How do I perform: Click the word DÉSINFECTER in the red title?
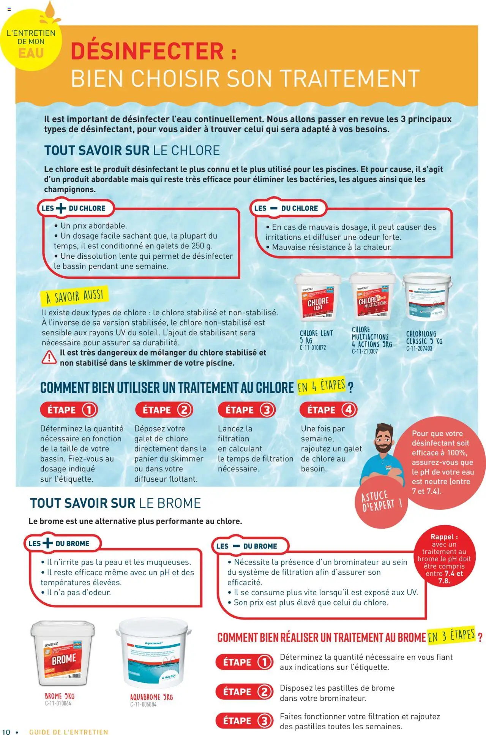tap(147, 52)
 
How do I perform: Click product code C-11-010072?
tap(313, 348)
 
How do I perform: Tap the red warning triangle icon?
tap(49, 357)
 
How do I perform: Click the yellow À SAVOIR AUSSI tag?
tap(75, 296)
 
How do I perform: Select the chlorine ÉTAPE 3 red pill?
tap(246, 410)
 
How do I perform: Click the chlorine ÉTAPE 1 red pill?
tap(69, 410)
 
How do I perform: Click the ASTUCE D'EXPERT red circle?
tap(381, 502)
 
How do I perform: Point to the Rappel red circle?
tap(444, 558)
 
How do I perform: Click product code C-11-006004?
tap(143, 705)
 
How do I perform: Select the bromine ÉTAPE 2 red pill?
tap(244, 692)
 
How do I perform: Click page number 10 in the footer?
tap(6, 732)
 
